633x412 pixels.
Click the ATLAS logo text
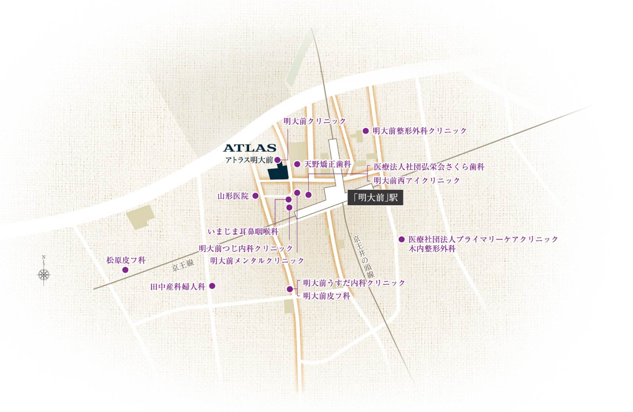point(250,148)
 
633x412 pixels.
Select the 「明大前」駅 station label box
point(375,198)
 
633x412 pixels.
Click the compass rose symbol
point(44,274)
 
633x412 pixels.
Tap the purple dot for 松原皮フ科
point(125,270)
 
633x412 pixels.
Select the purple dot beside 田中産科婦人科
point(212,286)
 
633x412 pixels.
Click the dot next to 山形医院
point(256,196)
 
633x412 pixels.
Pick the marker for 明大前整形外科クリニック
point(365,131)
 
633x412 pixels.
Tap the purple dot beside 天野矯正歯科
point(297,164)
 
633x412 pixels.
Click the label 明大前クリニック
point(315,121)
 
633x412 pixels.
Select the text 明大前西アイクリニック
point(417,180)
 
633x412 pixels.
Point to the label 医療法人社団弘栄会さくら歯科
point(429,167)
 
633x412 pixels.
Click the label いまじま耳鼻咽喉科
point(243,232)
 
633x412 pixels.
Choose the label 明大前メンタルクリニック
point(257,261)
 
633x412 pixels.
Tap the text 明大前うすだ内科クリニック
point(354,283)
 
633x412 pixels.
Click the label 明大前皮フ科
point(326,296)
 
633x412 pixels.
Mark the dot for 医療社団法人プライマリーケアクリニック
point(402,239)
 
